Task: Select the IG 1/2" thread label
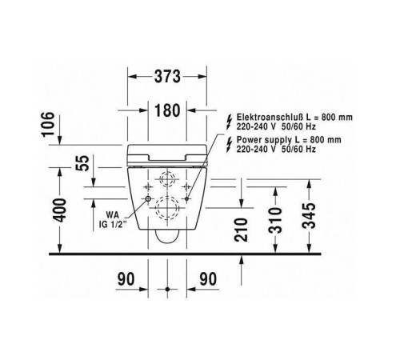[x=114, y=224]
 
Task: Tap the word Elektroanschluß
[x=272, y=116]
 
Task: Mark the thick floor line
[x=200, y=255]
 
